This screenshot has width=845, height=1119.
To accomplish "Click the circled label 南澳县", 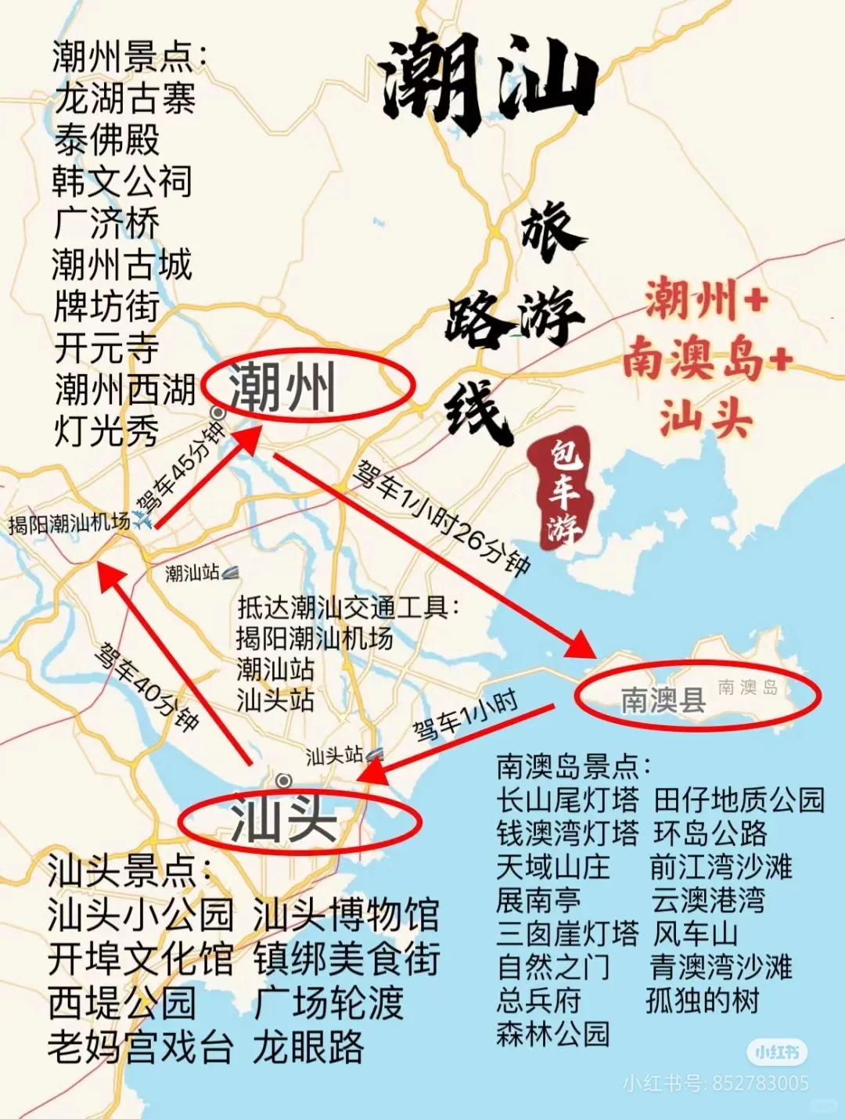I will (663, 699).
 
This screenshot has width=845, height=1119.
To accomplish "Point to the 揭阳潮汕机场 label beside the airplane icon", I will (69, 523).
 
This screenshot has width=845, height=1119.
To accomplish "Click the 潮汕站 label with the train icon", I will (192, 573).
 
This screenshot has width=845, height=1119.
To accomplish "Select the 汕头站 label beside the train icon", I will (334, 755).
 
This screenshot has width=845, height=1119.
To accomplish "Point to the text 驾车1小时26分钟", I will (442, 516).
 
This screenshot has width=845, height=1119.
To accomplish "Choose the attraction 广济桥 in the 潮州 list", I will (106, 223).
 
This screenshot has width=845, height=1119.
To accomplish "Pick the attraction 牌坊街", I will (106, 306).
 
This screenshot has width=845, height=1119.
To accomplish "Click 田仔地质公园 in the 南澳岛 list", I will (739, 800).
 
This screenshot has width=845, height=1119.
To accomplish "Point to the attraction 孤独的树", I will (703, 1000).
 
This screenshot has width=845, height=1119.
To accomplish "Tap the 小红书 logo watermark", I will (776, 1052).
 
